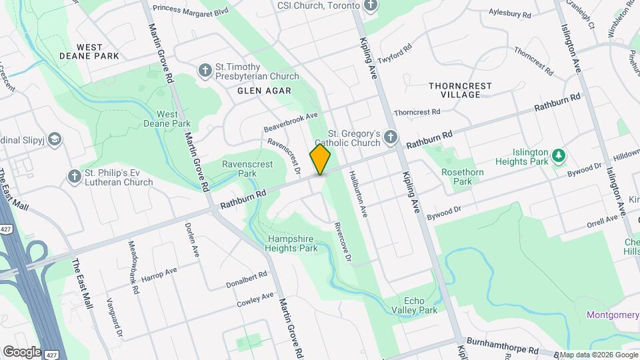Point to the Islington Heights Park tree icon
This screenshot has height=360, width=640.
[x=559, y=157]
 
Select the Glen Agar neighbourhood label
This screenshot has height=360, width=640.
[x=265, y=90]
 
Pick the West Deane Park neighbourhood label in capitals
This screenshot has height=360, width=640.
[x=89, y=51]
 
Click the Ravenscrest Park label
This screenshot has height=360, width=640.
[x=239, y=169]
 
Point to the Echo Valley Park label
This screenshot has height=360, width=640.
[x=420, y=305]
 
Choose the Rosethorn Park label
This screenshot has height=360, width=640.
[x=462, y=176]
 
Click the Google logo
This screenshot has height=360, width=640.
[x=22, y=351]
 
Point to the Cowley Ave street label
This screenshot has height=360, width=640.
[x=255, y=300]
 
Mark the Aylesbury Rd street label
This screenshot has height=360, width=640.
[x=509, y=13]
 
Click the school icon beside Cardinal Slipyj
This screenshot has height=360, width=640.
[x=55, y=139]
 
